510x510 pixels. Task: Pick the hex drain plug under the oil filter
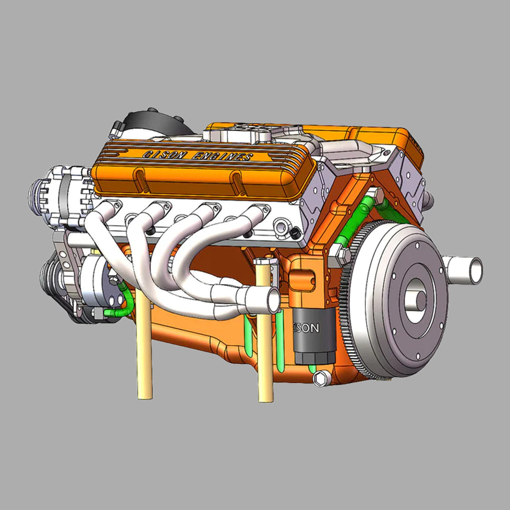tap(318, 378)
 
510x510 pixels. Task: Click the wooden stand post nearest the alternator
tap(144, 351)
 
